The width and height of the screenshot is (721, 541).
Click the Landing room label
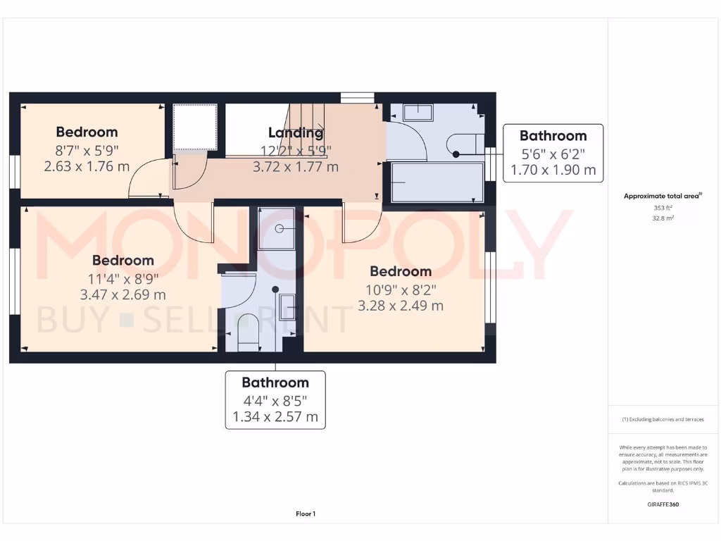tap(296, 132)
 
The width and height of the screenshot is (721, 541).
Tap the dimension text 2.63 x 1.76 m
tap(87, 167)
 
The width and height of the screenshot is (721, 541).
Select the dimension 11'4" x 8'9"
tap(123, 278)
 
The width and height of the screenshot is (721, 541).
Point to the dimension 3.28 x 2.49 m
tap(401, 306)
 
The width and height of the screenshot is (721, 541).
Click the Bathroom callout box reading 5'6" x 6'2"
tap(553, 153)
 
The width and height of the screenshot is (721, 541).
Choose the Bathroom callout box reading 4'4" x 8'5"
tap(275, 399)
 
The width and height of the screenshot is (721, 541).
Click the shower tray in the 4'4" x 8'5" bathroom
tap(277, 228)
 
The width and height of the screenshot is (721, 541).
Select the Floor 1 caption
tap(306, 514)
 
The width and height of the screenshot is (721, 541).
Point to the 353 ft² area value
tap(662, 209)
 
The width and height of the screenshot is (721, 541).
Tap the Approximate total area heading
tap(662, 197)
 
